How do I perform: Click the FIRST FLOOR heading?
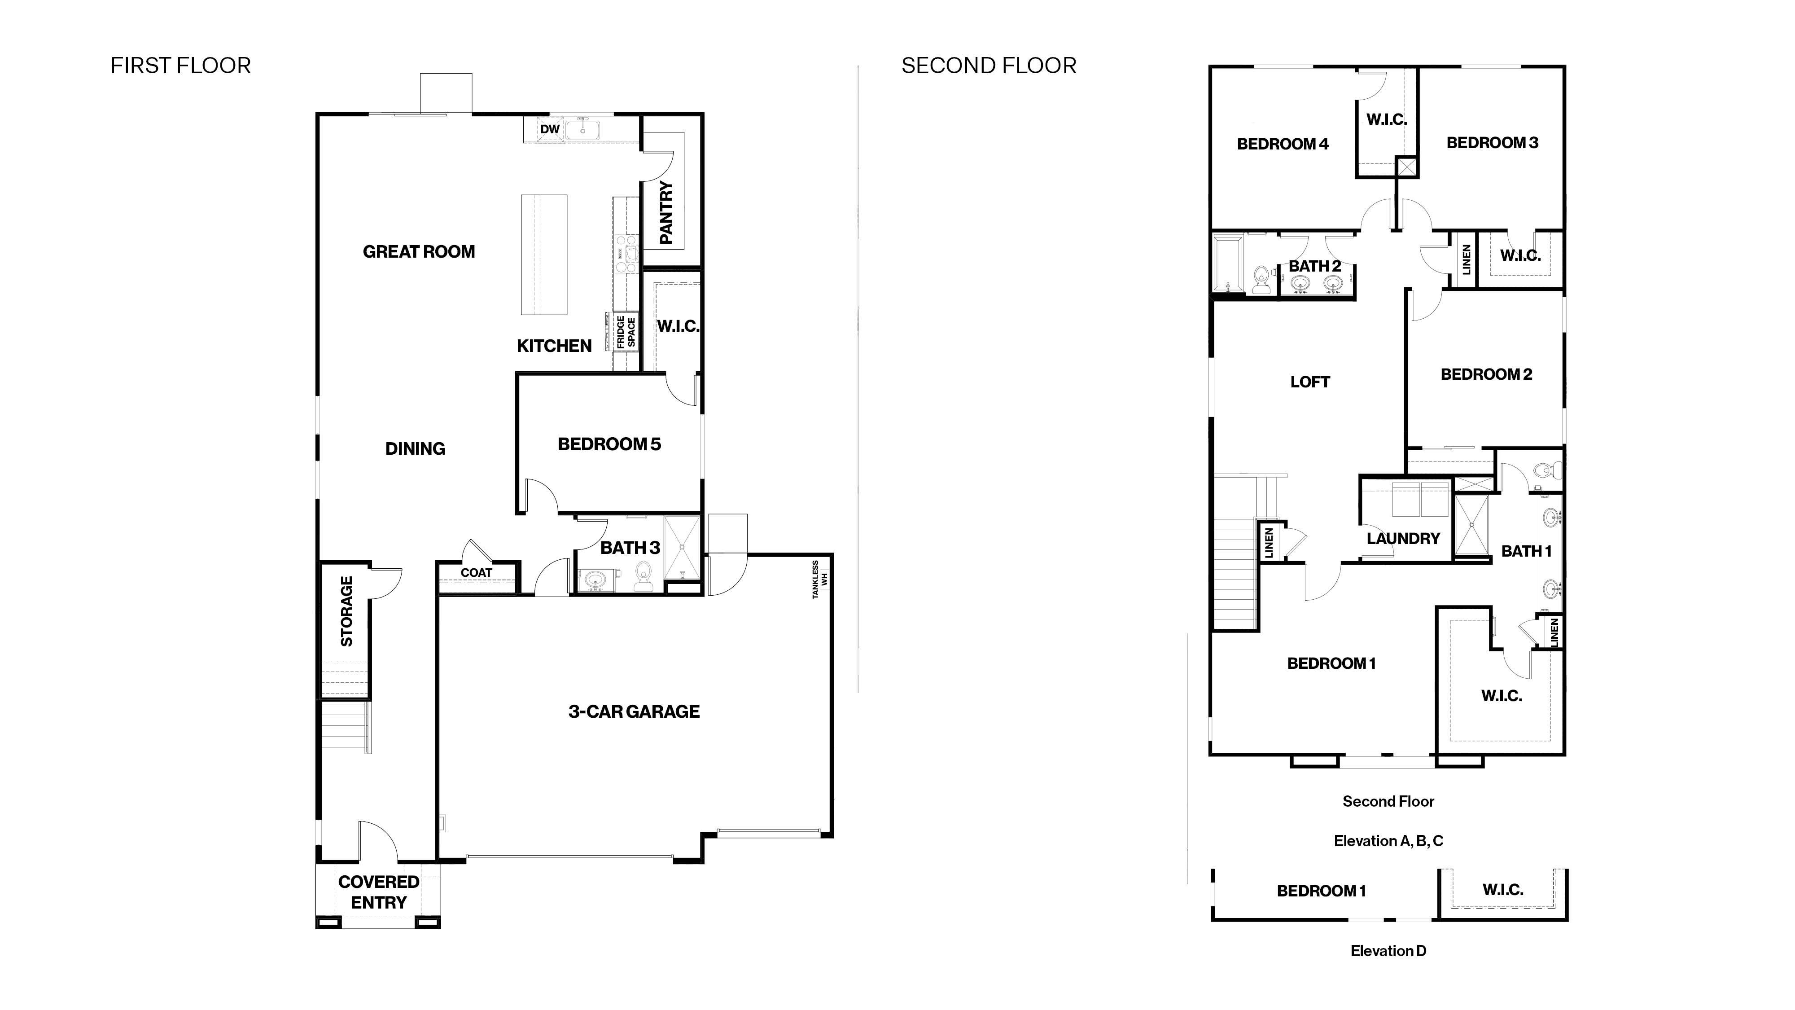180,66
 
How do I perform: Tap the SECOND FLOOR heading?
989,66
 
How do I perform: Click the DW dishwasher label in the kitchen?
550,129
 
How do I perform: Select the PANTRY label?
666,213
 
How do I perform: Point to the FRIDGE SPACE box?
626,332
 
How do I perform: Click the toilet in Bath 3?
643,576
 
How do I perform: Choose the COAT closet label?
477,572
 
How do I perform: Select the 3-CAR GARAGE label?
634,711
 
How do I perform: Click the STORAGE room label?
346,611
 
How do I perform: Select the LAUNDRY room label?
1403,539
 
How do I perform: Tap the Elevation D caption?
1388,951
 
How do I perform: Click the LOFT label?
1310,382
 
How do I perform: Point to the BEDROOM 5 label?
609,444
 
